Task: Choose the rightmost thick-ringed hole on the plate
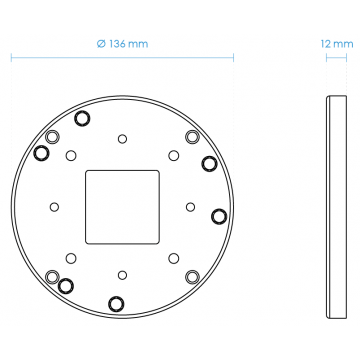pyautogui.click(x=218, y=215)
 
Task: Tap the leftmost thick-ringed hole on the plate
pyautogui.click(x=42, y=153)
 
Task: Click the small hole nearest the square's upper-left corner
pyautogui.click(x=69, y=155)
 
